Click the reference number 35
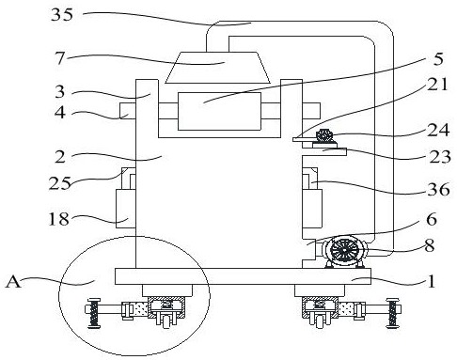click(x=62, y=14)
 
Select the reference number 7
click(x=60, y=58)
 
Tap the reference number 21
click(x=437, y=84)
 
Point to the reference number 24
click(x=438, y=130)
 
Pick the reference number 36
click(x=438, y=189)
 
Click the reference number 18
click(x=58, y=219)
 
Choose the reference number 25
click(x=60, y=183)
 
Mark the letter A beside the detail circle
click(x=13, y=281)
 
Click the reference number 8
click(x=430, y=245)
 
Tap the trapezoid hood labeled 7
click(x=217, y=68)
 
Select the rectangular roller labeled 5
click(x=219, y=111)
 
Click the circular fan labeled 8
click(x=344, y=251)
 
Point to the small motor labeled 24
click(x=324, y=136)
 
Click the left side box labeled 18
click(x=126, y=209)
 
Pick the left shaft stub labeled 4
click(x=128, y=111)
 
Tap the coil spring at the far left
click(x=94, y=313)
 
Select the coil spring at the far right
click(x=392, y=313)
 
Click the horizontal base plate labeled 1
click(x=243, y=276)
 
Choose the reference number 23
click(x=440, y=157)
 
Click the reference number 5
click(x=438, y=59)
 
